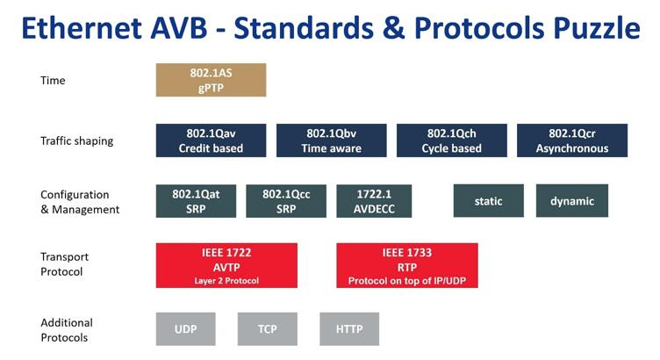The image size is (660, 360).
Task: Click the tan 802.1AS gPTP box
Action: click(x=211, y=80)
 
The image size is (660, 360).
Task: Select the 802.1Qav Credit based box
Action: click(x=211, y=140)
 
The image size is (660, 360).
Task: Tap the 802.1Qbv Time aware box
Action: click(x=331, y=140)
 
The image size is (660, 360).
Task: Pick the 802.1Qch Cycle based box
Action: click(x=452, y=140)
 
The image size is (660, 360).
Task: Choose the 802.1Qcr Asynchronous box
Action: click(x=572, y=140)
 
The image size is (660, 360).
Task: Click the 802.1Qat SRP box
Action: click(x=196, y=201)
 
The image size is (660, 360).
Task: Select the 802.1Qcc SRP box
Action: click(x=286, y=201)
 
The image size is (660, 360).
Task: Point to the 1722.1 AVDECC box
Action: click(x=375, y=201)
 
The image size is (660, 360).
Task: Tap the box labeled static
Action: click(x=488, y=201)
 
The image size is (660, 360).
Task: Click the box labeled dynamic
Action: click(x=572, y=201)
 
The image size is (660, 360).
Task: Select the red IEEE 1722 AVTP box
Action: click(x=226, y=265)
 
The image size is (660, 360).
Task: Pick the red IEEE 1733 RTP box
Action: click(x=407, y=265)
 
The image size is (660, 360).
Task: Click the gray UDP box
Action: click(x=185, y=329)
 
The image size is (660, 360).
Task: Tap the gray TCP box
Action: click(x=268, y=329)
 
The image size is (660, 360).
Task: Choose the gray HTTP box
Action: click(x=348, y=329)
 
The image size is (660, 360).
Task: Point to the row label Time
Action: click(x=54, y=81)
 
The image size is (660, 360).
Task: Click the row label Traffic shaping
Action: click(x=77, y=140)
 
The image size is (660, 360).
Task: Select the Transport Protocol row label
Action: click(x=65, y=264)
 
